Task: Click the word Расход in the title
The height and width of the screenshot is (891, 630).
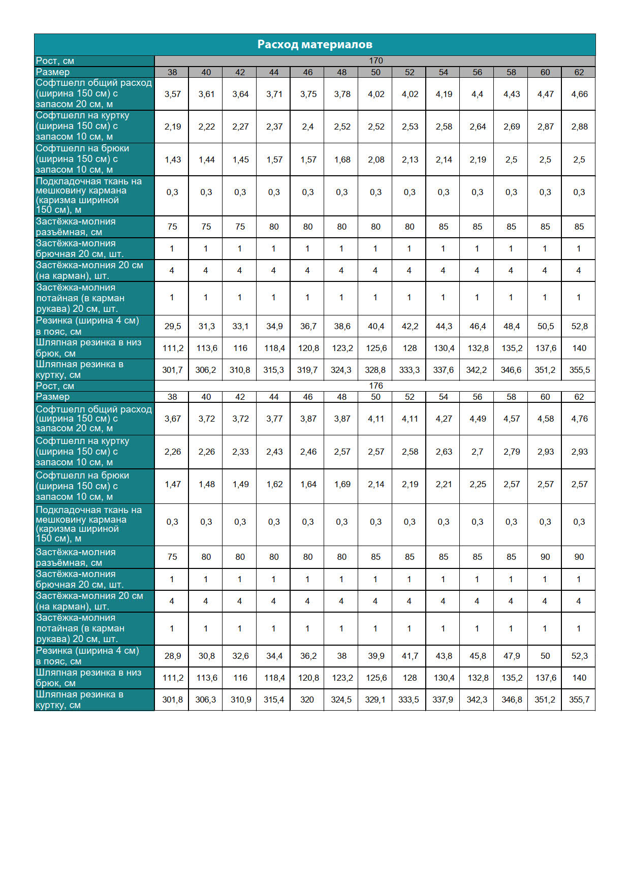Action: coord(277,45)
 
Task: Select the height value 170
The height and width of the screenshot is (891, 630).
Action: coord(375,61)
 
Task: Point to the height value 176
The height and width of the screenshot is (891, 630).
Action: coord(375,386)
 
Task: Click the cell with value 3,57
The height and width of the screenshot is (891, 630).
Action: coord(172,94)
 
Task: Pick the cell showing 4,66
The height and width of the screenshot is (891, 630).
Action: coord(579,94)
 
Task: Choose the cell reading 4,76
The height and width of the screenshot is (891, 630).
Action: coord(579,419)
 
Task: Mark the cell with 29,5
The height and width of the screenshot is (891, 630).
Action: coord(172,327)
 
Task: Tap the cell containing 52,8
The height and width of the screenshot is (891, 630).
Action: coord(579,327)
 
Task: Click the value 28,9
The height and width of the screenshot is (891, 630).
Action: coord(172,656)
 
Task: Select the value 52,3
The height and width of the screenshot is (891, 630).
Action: coord(579,656)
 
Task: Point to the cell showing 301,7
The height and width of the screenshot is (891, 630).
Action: coord(172,370)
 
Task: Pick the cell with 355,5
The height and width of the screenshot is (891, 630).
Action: coord(579,370)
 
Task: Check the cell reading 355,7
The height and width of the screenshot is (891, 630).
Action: coord(579,700)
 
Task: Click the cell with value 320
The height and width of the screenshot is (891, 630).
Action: coord(307,700)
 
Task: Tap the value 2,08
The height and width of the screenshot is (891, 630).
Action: coord(376,160)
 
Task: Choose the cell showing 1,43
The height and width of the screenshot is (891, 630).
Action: coord(172,160)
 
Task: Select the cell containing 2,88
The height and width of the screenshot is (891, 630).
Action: coord(579,127)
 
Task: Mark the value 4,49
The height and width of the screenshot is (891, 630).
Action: coord(478,419)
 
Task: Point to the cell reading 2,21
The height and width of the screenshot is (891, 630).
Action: coord(444,485)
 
